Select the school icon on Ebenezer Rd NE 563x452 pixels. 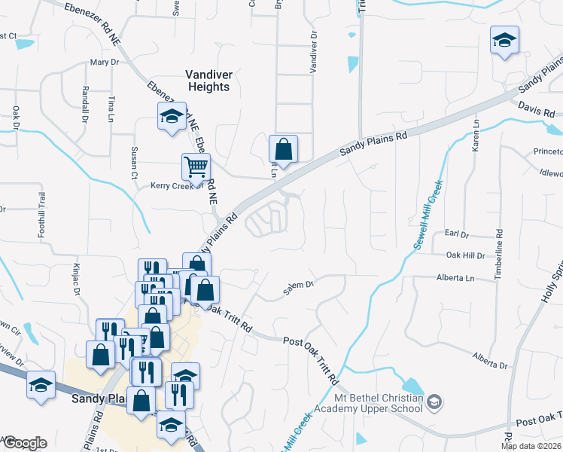click(172, 117)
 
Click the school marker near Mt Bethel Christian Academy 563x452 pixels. click(434, 404)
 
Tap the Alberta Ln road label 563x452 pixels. click(457, 278)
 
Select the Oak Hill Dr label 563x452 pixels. click(466, 256)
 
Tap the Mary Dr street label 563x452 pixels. click(105, 63)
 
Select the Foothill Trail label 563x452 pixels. click(42, 215)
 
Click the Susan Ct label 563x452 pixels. click(135, 163)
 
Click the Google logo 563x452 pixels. click(24, 443)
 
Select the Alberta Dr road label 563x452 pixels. click(490, 360)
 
